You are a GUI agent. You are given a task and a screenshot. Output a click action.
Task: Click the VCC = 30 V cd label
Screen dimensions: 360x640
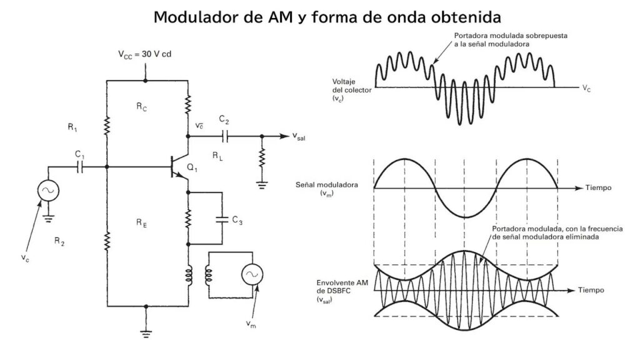(x=144, y=54)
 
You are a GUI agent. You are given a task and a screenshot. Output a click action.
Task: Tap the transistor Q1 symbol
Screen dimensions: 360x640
(x=179, y=167)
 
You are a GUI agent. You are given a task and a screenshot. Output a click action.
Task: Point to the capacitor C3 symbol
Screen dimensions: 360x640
(x=221, y=219)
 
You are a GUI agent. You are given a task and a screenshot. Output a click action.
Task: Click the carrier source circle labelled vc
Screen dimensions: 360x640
(x=47, y=191)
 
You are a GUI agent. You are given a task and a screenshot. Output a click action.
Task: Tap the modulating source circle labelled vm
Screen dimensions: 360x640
(x=253, y=275)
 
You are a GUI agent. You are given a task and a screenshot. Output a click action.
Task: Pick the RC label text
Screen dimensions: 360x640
(x=142, y=107)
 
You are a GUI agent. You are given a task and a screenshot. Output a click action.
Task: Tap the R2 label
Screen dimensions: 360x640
(x=59, y=243)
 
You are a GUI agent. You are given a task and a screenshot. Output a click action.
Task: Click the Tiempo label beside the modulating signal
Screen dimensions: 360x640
(x=598, y=188)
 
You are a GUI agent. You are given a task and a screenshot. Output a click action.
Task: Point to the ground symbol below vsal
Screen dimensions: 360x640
(x=262, y=182)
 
